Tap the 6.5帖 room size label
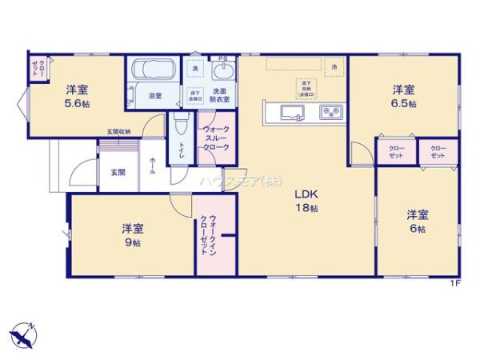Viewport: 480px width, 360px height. (x=403, y=104)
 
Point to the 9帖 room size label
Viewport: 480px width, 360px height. (x=134, y=242)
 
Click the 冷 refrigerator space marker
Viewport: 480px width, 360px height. (x=334, y=68)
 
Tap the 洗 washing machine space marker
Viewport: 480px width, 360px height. (x=195, y=69)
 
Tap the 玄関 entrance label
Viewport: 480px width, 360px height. (x=118, y=172)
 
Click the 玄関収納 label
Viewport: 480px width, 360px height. (x=119, y=132)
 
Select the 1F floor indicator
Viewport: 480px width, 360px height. (x=454, y=282)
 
